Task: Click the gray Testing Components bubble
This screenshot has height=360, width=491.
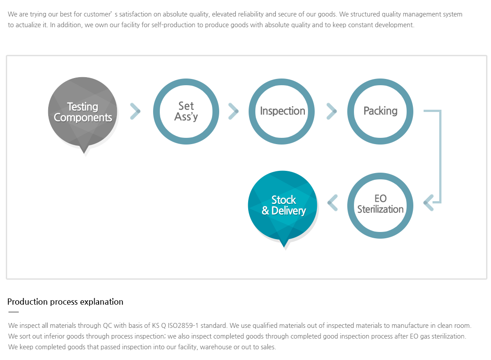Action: (x=83, y=112)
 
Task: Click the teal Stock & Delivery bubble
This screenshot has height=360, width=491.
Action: (x=283, y=205)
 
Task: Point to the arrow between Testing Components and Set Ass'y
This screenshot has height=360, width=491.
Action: (x=135, y=111)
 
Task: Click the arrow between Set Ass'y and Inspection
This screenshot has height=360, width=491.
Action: (x=233, y=111)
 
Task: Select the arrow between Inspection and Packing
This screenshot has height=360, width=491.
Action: (x=332, y=111)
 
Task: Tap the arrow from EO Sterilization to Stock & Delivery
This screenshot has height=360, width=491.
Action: (x=333, y=203)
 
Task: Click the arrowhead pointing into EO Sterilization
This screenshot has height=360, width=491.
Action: (x=429, y=203)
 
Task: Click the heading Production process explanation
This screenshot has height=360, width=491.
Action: (x=65, y=302)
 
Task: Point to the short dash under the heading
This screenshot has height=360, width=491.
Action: (x=13, y=312)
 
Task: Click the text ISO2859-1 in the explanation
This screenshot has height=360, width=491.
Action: (x=183, y=326)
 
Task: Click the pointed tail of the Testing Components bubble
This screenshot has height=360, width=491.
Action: (x=84, y=150)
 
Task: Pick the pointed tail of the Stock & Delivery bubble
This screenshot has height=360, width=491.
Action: (x=284, y=244)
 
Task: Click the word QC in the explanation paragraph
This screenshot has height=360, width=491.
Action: (x=108, y=326)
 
